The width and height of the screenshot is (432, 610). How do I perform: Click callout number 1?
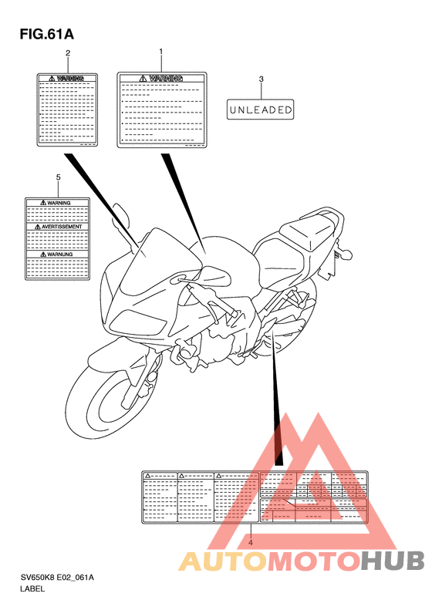[x=160, y=52]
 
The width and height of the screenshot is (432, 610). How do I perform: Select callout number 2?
[x=68, y=53]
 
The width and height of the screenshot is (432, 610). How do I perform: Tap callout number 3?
[x=261, y=79]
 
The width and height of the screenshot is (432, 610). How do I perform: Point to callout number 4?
[x=251, y=541]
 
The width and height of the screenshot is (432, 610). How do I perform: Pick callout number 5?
[x=59, y=177]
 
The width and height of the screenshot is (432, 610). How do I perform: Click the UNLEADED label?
[x=261, y=110]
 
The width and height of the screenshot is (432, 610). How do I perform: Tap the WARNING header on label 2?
[x=68, y=79]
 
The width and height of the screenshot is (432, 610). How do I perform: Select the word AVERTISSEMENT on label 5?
[x=59, y=227]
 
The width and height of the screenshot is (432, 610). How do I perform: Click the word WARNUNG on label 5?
[x=59, y=254]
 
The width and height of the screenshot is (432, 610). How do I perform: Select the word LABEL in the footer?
[x=34, y=588]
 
